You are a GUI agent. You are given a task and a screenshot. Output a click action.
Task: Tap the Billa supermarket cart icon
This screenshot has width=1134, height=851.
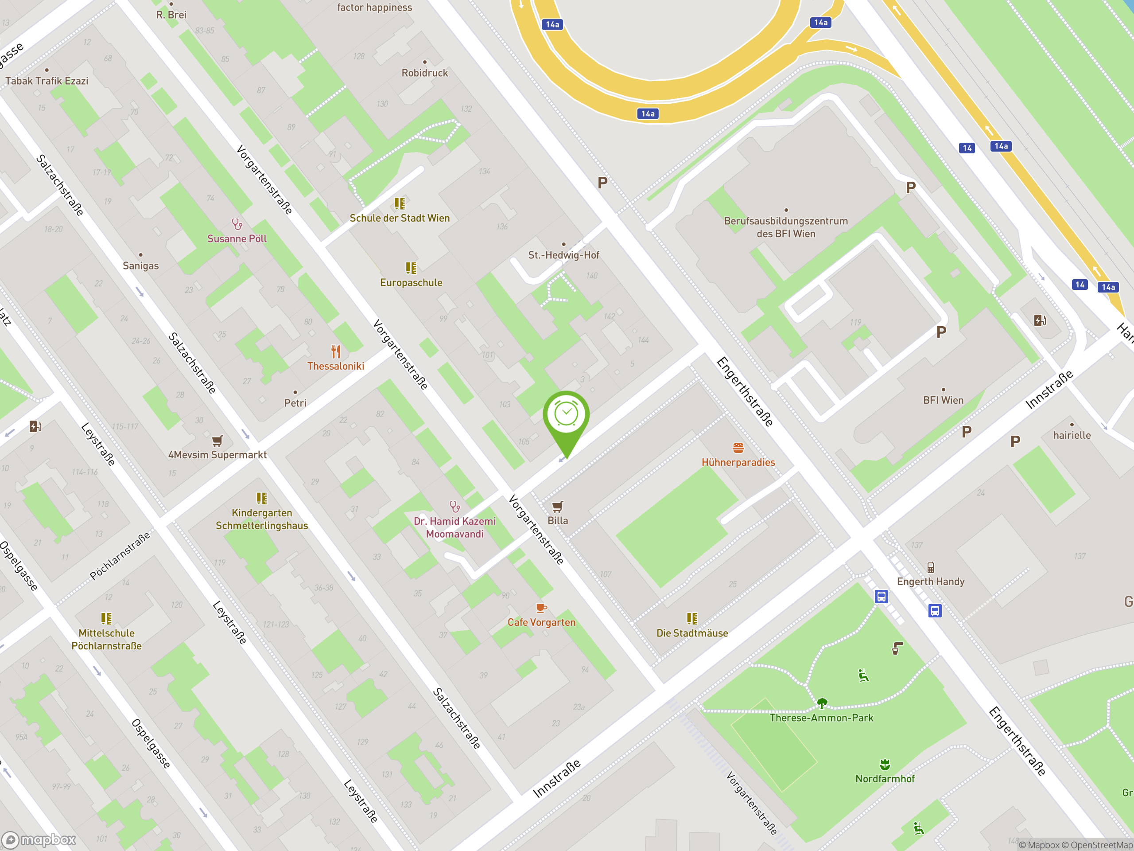(x=558, y=507)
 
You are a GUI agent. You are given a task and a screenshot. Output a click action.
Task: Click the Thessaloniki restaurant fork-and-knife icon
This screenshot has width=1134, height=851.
(x=336, y=352)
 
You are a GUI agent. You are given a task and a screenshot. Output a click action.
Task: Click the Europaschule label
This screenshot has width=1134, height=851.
(x=411, y=283)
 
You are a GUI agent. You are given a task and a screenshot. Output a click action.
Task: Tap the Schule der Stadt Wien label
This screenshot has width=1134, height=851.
(x=400, y=218)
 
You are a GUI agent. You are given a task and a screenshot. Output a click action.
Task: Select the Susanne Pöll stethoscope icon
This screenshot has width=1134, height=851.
(x=237, y=224)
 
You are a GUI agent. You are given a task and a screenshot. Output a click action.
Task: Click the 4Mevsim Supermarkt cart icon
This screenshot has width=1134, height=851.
(x=217, y=441)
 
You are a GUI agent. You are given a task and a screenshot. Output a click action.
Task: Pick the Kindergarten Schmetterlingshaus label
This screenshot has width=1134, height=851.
(x=261, y=519)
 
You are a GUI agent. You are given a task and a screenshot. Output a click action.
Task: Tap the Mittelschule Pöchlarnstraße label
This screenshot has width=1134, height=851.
(x=106, y=639)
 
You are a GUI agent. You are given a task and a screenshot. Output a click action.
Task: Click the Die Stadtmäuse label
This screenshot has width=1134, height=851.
(x=692, y=633)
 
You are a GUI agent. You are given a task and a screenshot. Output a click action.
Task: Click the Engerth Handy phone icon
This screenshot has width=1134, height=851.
(x=931, y=567)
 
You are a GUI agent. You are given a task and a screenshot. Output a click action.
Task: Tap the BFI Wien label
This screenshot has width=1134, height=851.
(x=943, y=400)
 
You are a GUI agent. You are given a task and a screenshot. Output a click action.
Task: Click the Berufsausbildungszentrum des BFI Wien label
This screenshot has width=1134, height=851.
(x=785, y=227)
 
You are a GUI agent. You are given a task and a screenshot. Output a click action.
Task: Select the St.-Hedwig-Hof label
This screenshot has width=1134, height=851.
(x=563, y=255)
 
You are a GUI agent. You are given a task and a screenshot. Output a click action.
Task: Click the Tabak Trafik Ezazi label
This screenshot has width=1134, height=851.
(x=47, y=81)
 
